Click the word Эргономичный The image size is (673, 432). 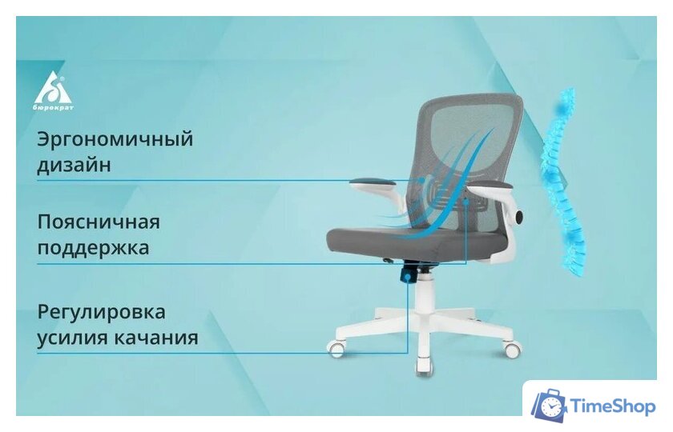115,139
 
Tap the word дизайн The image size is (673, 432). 73,166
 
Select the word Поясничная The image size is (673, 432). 99,222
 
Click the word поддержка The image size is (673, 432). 93,248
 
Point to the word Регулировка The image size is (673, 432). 101,311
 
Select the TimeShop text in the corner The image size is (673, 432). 612,406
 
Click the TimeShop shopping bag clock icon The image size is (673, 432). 549,406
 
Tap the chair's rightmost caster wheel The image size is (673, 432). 511,350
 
